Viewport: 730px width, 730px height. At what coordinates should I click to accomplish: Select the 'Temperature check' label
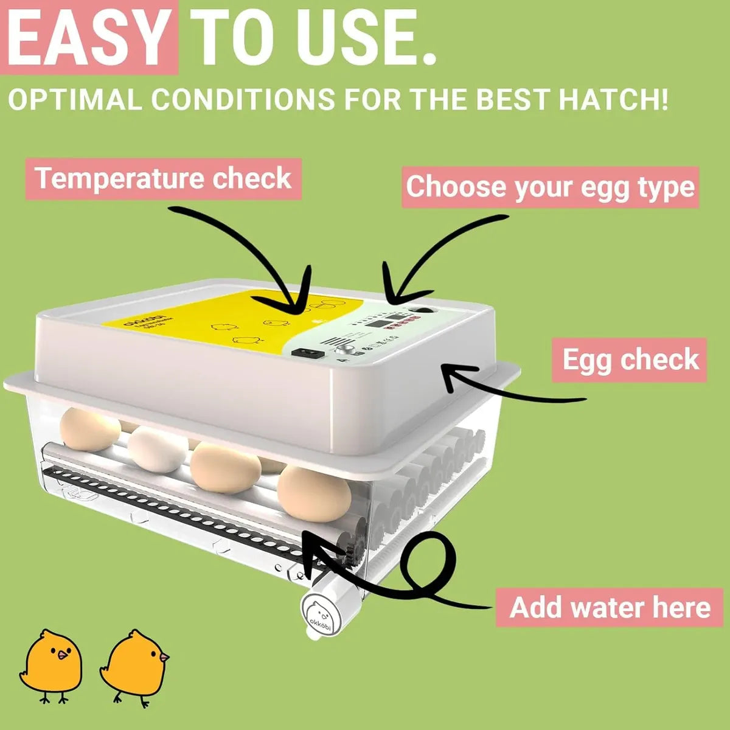point(163,179)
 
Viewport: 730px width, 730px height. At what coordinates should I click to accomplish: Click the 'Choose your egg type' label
point(550,187)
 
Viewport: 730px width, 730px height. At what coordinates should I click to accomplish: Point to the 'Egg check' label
point(630,360)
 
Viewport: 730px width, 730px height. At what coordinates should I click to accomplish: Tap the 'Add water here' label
point(610,607)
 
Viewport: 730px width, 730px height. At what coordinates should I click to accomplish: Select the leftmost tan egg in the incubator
point(90,428)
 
